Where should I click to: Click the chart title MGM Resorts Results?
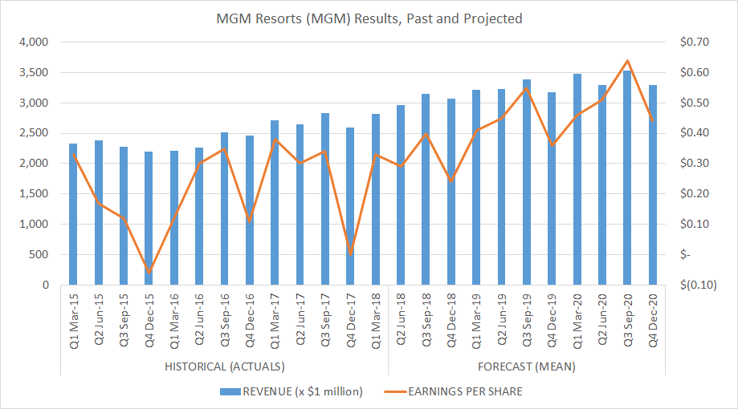(x=369, y=18)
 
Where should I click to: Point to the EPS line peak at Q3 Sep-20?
(x=627, y=61)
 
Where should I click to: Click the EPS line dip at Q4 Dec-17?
(x=350, y=253)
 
